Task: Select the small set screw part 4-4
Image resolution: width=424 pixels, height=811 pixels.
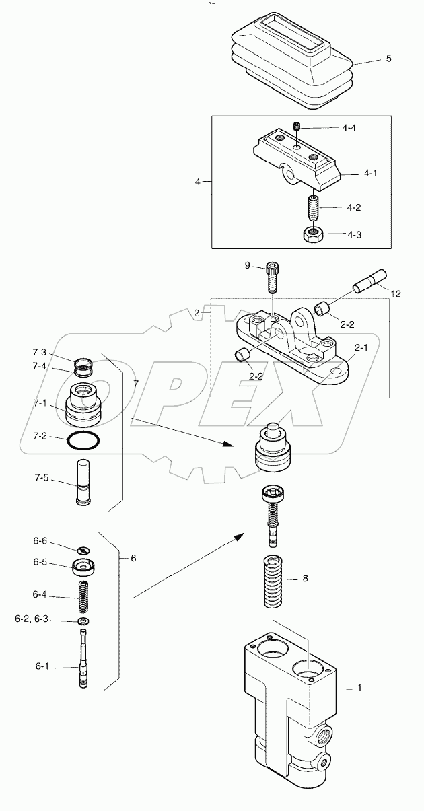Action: [x=297, y=126]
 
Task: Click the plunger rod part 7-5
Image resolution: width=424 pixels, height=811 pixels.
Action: [x=84, y=484]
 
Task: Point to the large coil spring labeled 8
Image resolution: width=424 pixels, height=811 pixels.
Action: [x=274, y=581]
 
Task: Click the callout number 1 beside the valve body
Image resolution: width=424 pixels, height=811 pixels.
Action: [x=359, y=688]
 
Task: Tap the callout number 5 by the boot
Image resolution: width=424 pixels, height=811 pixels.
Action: [x=388, y=59]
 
